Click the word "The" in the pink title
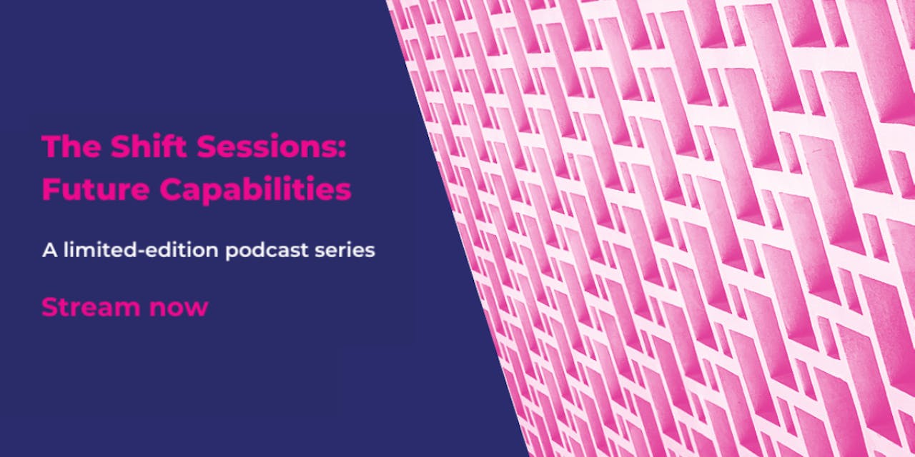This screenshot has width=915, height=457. (x=71, y=146)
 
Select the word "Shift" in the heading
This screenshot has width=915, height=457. (x=149, y=146)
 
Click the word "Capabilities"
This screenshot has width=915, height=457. (x=255, y=190)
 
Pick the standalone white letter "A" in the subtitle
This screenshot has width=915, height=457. (x=49, y=250)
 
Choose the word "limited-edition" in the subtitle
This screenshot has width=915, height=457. (x=141, y=249)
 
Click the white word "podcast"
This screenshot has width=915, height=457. (x=267, y=251)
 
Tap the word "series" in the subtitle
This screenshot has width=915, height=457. (x=345, y=251)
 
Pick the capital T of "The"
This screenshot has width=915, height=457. (x=51, y=146)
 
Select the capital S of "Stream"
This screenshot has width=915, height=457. (x=49, y=307)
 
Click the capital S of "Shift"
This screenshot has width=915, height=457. (x=120, y=146)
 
